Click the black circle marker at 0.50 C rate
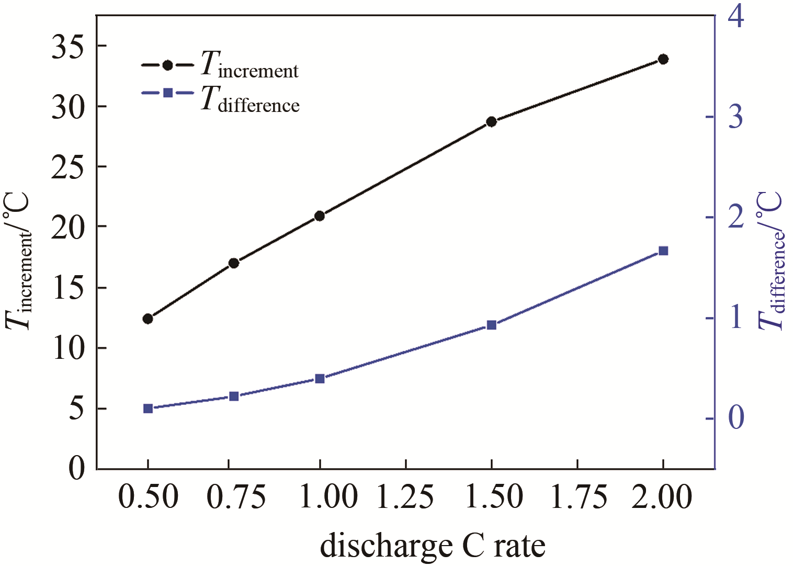click(148, 319)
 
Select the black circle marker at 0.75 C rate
click(234, 263)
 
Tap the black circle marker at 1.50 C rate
click(491, 122)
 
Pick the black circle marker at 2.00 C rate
click(663, 59)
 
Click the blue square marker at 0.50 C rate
click(148, 409)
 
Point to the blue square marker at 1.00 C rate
click(320, 379)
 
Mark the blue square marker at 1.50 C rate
click(491, 325)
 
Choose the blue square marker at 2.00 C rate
click(663, 251)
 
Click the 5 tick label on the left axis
click(76, 410)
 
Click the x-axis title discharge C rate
click(433, 546)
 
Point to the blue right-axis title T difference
click(772, 262)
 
